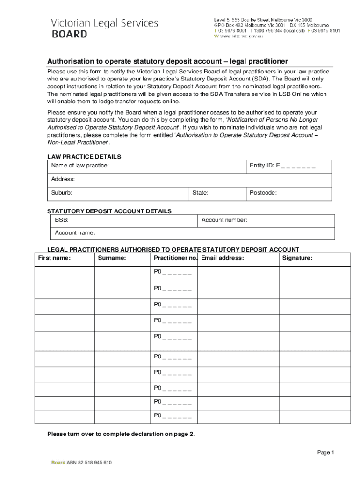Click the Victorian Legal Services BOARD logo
(104, 28)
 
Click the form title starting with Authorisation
(167, 61)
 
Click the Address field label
(63, 179)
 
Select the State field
(217, 193)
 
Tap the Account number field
(266, 220)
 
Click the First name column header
(54, 258)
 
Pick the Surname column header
(112, 258)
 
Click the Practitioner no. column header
(175, 258)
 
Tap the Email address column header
(223, 258)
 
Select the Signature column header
(298, 258)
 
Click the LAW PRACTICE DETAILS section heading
(84, 157)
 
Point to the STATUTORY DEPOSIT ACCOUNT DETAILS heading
(109, 211)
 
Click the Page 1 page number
(326, 452)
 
